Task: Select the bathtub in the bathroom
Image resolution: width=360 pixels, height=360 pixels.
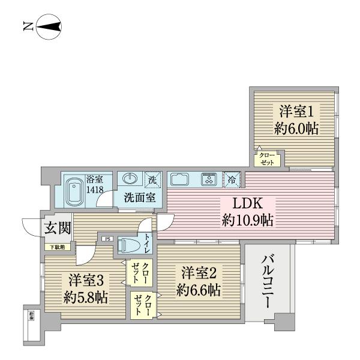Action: pos(74,190)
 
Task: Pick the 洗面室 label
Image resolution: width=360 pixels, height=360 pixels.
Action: pos(140,197)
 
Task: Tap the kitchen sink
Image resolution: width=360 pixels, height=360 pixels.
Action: pos(181,179)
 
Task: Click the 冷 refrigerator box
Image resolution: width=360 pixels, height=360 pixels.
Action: pos(232,179)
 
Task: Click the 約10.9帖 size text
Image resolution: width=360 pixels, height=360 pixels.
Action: pos(247,221)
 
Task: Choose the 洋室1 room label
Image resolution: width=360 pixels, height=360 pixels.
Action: pos(296,111)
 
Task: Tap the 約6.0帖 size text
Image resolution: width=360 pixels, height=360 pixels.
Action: pos(296,128)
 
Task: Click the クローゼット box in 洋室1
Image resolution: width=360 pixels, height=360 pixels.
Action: pos(268,158)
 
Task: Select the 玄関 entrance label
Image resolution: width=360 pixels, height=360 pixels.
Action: pos(58,228)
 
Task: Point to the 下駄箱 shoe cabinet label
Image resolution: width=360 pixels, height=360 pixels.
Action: pos(58,247)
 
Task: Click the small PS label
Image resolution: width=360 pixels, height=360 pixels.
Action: pos(108,239)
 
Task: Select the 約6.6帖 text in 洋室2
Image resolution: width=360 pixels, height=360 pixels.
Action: pos(199,290)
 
